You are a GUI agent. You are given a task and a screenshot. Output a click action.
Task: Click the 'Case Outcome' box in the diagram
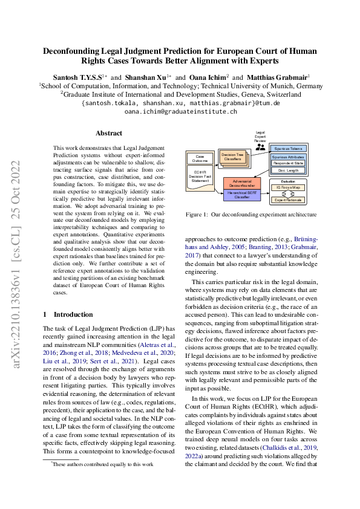[200, 159]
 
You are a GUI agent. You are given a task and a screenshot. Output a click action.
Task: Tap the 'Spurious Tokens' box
[288, 148]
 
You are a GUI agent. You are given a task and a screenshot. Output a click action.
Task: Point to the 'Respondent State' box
[288, 163]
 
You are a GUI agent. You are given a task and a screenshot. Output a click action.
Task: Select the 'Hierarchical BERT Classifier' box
[241, 193]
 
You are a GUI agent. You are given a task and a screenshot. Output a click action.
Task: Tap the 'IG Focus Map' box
[288, 187]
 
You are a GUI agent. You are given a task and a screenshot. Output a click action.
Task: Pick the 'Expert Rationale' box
[288, 199]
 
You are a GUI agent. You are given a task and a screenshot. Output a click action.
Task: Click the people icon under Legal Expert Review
[261, 146]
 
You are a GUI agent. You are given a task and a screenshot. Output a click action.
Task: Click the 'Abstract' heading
[109, 133]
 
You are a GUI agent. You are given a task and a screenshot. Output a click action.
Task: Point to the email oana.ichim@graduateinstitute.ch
[180, 112]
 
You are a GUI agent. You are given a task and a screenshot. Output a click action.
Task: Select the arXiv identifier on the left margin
[18, 263]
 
